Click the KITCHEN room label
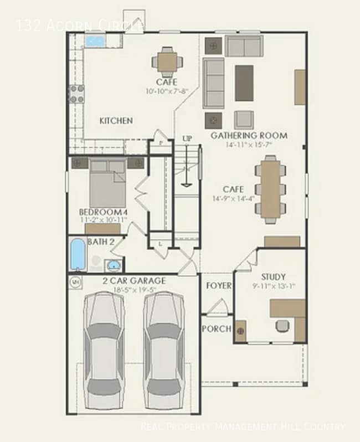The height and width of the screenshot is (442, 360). tap(116, 121)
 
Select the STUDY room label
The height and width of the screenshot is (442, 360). tap(273, 277)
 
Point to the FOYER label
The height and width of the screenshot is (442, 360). tap(218, 286)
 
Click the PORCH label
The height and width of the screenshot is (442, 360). tap(217, 328)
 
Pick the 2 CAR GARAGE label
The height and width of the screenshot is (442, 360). tap(133, 281)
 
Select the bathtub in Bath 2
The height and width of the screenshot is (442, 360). tap(78, 255)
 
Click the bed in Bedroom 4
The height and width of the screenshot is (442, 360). tap(107, 184)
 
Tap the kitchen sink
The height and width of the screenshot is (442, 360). tap(95, 41)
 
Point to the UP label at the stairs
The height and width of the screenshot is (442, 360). tap(187, 139)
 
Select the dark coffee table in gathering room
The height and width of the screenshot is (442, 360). tap(244, 83)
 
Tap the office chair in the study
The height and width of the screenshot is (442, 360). tap(282, 326)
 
